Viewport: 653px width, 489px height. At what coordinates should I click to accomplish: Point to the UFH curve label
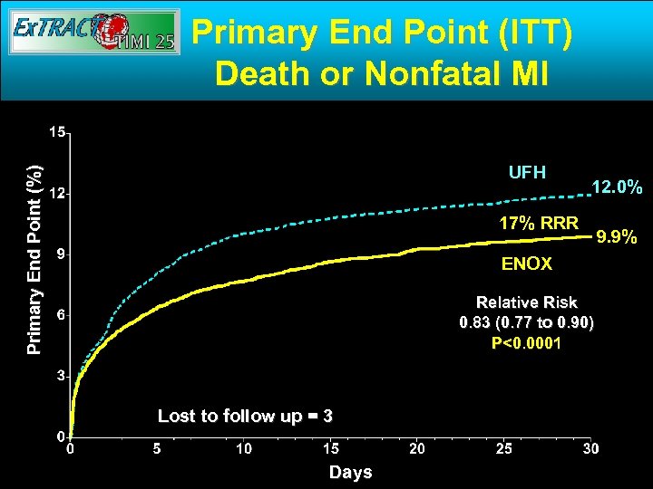527,171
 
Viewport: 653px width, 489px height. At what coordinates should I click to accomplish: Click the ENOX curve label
526,264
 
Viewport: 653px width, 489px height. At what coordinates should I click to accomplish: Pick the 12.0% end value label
617,187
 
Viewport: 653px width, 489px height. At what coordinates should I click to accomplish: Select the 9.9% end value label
620,239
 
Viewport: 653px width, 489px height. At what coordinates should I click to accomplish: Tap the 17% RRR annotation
539,223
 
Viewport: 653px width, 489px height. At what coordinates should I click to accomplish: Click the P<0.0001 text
526,343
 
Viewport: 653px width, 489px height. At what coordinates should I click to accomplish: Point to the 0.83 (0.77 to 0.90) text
527,323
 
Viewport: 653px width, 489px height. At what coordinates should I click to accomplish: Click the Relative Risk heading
527,302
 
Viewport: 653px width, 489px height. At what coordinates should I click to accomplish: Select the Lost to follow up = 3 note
245,416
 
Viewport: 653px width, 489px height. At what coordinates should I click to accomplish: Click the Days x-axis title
350,472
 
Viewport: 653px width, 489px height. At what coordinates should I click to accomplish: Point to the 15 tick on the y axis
56,132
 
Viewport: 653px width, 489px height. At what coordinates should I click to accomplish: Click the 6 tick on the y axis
60,314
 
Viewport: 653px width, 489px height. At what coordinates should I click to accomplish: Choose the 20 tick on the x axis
417,448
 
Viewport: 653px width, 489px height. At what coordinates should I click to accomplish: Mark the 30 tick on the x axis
590,448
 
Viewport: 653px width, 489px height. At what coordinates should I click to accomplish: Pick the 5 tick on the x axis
157,448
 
